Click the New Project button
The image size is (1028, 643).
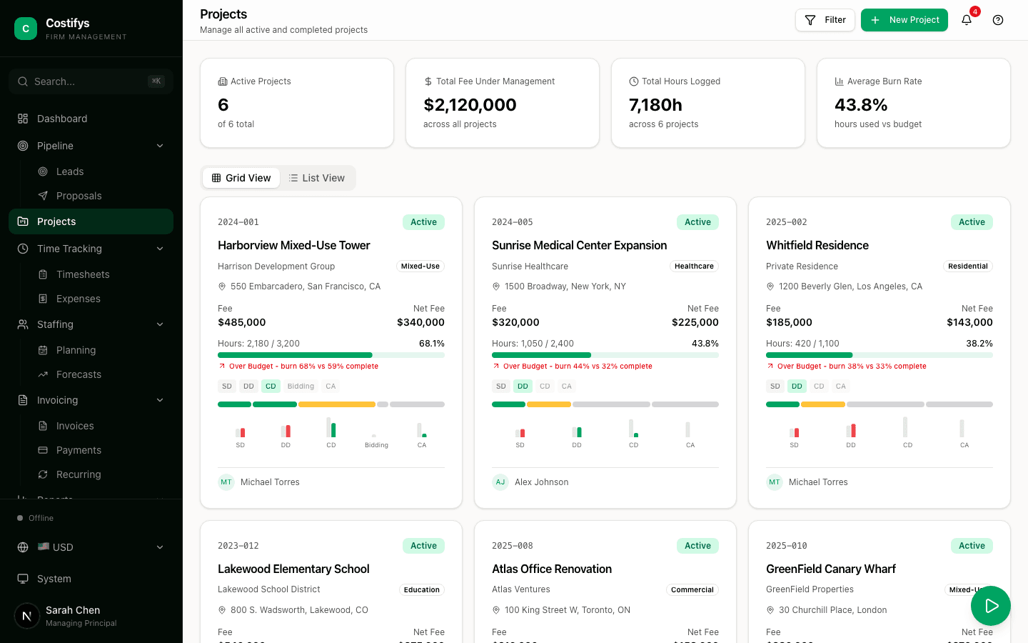pyautogui.click(x=904, y=20)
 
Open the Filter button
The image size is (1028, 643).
pyautogui.click(x=825, y=20)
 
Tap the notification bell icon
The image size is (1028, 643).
pyautogui.click(x=967, y=20)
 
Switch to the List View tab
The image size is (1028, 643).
pyautogui.click(x=317, y=178)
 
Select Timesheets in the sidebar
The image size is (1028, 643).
pyautogui.click(x=83, y=274)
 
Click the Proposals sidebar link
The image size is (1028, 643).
pyautogui.click(x=79, y=196)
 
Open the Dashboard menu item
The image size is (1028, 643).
pyautogui.click(x=62, y=119)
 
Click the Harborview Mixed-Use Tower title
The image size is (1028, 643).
pyautogui.click(x=293, y=245)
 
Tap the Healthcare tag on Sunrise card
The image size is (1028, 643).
pyautogui.click(x=694, y=266)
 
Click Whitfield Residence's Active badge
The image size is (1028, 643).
pyautogui.click(x=972, y=222)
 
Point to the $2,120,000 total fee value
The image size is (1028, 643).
pyautogui.click(x=470, y=105)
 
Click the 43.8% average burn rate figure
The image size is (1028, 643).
pyautogui.click(x=861, y=105)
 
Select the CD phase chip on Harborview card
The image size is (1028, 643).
pyautogui.click(x=271, y=387)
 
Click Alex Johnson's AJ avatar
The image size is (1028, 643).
pyautogui.click(x=500, y=482)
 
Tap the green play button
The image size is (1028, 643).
pyautogui.click(x=990, y=606)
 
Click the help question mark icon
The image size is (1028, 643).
pyautogui.click(x=998, y=20)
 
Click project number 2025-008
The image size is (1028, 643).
pyautogui.click(x=512, y=546)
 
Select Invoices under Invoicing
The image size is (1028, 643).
pyautogui.click(x=75, y=426)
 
